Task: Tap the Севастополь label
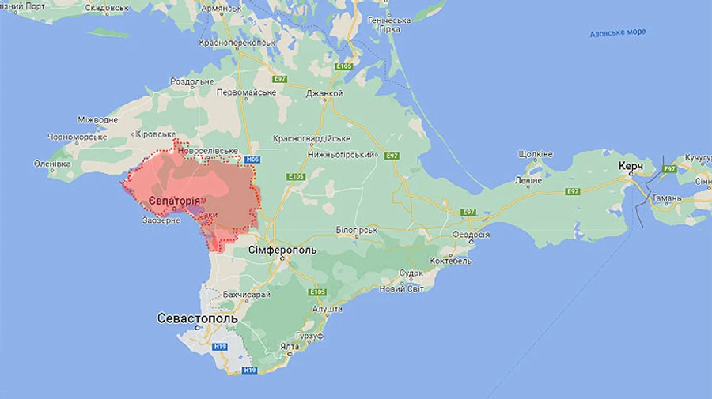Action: coord(196,318)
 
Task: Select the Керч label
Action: coord(630,167)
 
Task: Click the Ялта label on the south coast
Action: coord(290,346)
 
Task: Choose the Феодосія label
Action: coord(471,235)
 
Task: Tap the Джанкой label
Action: coord(324,93)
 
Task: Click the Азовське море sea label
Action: coord(618,32)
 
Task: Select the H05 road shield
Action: coord(252,160)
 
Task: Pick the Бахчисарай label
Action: coord(246,295)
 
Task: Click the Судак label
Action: coord(411,273)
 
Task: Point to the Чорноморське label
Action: coord(77,137)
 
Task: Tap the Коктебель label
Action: coord(451,261)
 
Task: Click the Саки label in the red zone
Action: coord(208,214)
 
